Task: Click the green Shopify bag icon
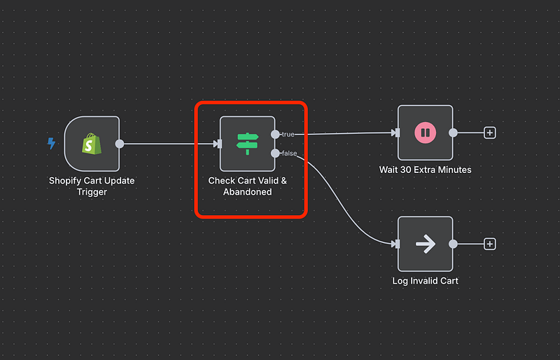(92, 144)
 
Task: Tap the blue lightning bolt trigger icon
(51, 144)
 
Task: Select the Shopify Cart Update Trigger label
(92, 186)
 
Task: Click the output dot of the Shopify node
(120, 144)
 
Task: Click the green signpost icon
(248, 144)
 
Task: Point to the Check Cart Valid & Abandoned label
(248, 186)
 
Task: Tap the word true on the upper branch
(288, 134)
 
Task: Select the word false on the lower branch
(288, 153)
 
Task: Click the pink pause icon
(425, 132)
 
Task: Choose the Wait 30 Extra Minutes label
(425, 169)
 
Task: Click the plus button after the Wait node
(490, 132)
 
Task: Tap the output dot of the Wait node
(454, 132)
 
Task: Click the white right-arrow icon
(425, 244)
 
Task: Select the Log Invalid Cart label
(425, 281)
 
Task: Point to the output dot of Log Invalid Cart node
(454, 244)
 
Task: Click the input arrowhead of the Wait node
(395, 132)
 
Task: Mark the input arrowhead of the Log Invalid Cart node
(395, 244)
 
